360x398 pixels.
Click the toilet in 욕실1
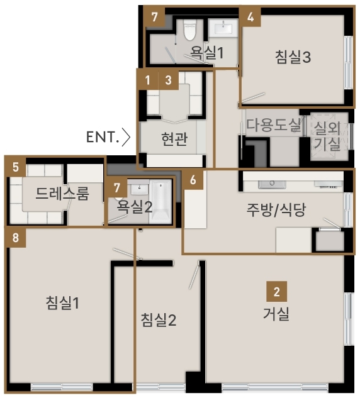190,31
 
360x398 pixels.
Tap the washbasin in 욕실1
223,28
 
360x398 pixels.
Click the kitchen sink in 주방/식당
272,184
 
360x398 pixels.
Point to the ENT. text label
103,137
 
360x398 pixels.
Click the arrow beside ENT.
126,137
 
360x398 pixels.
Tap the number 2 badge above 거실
277,291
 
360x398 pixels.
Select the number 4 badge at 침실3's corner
250,17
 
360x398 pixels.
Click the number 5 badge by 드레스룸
16,167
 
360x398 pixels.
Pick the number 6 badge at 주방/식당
193,180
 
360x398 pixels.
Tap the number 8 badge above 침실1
16,238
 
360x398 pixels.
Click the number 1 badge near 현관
148,80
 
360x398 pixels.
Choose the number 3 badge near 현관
169,80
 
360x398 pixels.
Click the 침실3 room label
293,57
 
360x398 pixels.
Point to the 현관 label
174,139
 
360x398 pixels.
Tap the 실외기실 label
327,136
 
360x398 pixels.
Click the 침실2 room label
158,319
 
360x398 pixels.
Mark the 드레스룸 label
62,194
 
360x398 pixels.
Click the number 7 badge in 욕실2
117,187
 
